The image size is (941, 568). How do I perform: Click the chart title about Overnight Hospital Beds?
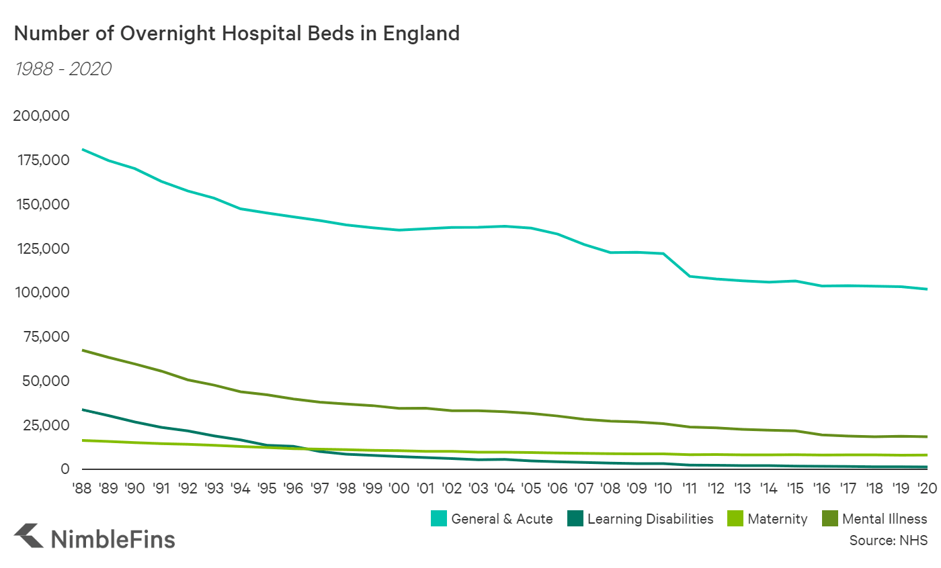pos(237,34)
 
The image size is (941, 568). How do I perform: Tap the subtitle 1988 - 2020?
pos(62,69)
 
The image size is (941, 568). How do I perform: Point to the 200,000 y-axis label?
pos(41,116)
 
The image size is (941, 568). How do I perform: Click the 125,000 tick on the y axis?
pos(41,249)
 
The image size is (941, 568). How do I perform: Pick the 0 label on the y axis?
pos(65,469)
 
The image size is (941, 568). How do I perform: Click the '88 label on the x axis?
pos(82,488)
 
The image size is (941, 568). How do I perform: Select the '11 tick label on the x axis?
pos(689,488)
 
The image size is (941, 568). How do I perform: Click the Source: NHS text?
pos(888,540)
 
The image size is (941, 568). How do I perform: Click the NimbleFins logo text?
pos(112,538)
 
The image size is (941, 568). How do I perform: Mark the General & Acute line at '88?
pos(82,149)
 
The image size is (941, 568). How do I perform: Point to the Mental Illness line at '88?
pos(82,350)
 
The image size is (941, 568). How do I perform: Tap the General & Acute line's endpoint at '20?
pos(927,289)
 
